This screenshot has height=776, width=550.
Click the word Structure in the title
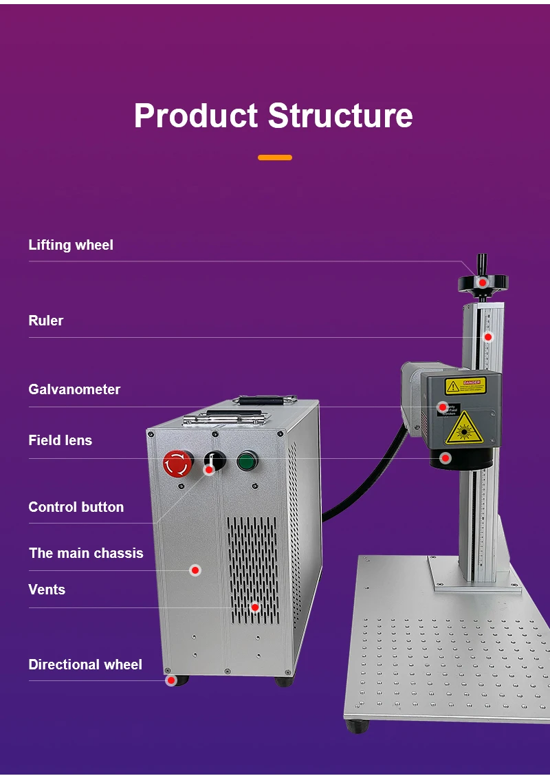coord(340,116)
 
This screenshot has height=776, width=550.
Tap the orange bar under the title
coord(275,158)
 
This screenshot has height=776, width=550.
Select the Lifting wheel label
coord(71,245)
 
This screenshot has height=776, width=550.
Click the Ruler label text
coord(46,321)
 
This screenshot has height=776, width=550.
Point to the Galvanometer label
coord(74,389)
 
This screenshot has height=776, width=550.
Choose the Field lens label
coord(60,440)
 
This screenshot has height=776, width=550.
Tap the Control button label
coord(76,507)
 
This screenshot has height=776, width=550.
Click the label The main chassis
coord(86,553)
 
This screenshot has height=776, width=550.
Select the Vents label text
coord(47,590)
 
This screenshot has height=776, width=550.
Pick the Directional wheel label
coord(85,665)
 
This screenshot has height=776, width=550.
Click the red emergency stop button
coord(178,463)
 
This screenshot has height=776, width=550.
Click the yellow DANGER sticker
coord(465,386)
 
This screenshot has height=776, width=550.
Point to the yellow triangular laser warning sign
coord(464,429)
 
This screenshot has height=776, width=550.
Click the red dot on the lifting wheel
coord(483,283)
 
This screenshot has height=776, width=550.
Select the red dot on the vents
coord(255,607)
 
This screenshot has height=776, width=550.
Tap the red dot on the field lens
coord(445,457)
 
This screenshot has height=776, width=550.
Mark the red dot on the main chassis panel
coord(195,570)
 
